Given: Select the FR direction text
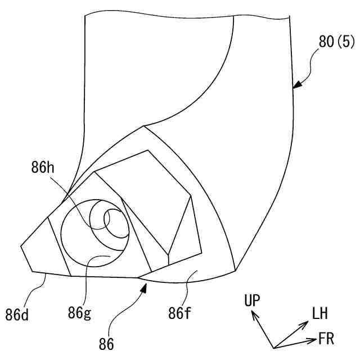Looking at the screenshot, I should [326, 339].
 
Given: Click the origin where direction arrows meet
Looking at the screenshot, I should [273, 347].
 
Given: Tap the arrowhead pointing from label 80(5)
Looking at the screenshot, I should [296, 86].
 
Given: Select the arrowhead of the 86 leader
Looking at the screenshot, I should [145, 287].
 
